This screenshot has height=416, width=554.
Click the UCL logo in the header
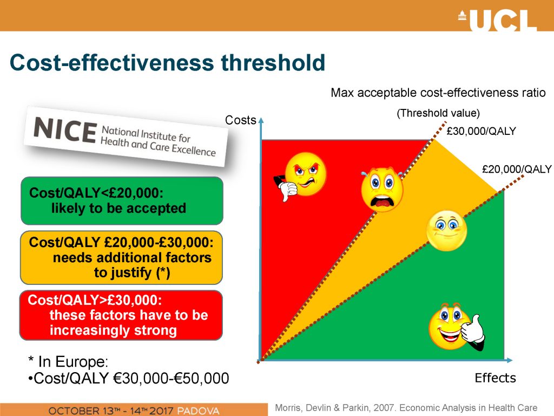click(498, 20)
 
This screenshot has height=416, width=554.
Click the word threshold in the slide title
click(273, 63)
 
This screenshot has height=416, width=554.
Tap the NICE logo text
click(65, 130)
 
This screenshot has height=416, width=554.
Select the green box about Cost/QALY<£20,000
click(122, 201)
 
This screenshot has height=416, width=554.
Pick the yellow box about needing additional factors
click(122, 257)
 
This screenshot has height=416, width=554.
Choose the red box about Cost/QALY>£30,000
click(121, 315)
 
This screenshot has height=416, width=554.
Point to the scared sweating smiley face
click(382, 189)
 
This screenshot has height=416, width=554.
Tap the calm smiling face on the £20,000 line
click(446, 231)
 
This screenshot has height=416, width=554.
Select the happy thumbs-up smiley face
click(456, 327)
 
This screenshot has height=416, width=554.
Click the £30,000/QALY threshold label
click(481, 131)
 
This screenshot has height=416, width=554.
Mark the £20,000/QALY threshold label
click(517, 169)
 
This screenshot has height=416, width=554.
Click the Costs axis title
click(240, 120)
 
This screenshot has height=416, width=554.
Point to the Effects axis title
click(495, 378)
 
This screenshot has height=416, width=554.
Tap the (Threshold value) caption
click(438, 113)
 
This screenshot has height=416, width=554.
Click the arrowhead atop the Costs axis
click(261, 120)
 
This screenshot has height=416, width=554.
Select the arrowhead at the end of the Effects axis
click(509, 360)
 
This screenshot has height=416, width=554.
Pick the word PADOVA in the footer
click(198, 411)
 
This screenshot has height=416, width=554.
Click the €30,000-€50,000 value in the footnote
click(170, 378)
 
